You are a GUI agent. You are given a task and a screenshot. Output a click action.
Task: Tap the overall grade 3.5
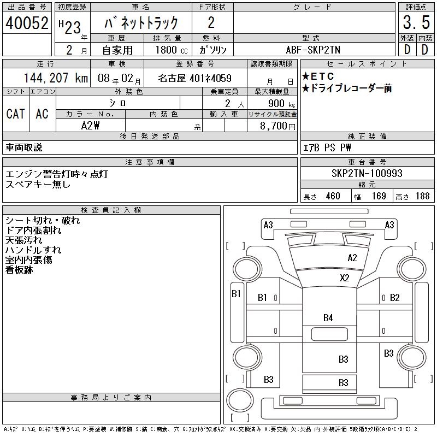(416, 23)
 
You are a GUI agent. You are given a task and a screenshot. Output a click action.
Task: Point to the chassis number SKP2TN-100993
(367, 173)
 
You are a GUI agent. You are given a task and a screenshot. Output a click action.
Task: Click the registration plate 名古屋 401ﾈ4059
(195, 78)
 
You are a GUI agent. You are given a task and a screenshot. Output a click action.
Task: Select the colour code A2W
(91, 126)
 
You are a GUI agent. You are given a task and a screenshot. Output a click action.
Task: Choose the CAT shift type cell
(15, 114)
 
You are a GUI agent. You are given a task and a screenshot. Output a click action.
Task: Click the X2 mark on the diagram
(344, 277)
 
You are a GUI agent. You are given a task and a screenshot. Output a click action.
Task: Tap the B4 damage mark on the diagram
(328, 317)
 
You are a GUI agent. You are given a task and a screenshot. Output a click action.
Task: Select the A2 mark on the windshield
(352, 258)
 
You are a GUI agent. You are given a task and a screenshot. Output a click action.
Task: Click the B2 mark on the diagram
(395, 298)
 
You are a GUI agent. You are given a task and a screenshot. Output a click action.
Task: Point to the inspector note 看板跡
(19, 270)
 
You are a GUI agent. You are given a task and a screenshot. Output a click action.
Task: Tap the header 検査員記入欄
(111, 210)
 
